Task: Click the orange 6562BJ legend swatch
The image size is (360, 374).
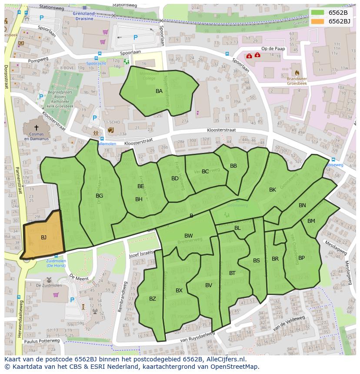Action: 318,21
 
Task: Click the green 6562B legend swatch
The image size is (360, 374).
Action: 318,13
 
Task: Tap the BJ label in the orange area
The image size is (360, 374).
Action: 43,238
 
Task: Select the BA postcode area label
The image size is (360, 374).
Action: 159,91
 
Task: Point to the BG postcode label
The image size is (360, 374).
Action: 99,196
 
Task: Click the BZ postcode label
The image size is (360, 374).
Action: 153,299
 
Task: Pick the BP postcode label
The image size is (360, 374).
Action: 301,258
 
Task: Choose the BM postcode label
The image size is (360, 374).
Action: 311,221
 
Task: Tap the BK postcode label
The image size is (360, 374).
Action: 273,190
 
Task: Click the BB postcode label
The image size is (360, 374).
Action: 233,166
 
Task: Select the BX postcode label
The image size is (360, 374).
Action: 179,291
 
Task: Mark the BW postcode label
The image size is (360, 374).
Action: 188,236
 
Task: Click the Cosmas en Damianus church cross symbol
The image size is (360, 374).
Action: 36,128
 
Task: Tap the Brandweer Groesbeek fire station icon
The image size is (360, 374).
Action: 297,73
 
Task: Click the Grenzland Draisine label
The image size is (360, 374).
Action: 84,16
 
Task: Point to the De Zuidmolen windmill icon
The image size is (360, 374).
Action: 49,280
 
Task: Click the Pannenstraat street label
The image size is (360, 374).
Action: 18,182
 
